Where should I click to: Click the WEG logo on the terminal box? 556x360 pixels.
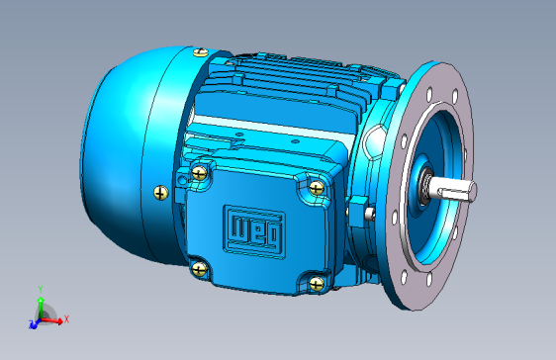254,231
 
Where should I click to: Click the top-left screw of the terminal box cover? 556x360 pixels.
199,173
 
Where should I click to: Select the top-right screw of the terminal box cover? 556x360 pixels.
317,188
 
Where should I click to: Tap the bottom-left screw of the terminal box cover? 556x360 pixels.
199,269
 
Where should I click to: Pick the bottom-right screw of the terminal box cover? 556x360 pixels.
317,284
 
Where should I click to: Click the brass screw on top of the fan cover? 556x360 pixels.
201,52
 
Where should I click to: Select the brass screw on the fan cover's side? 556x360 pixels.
161,193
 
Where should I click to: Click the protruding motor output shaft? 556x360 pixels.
453,190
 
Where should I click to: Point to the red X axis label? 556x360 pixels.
66,318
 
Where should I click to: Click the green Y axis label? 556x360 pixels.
41,290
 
